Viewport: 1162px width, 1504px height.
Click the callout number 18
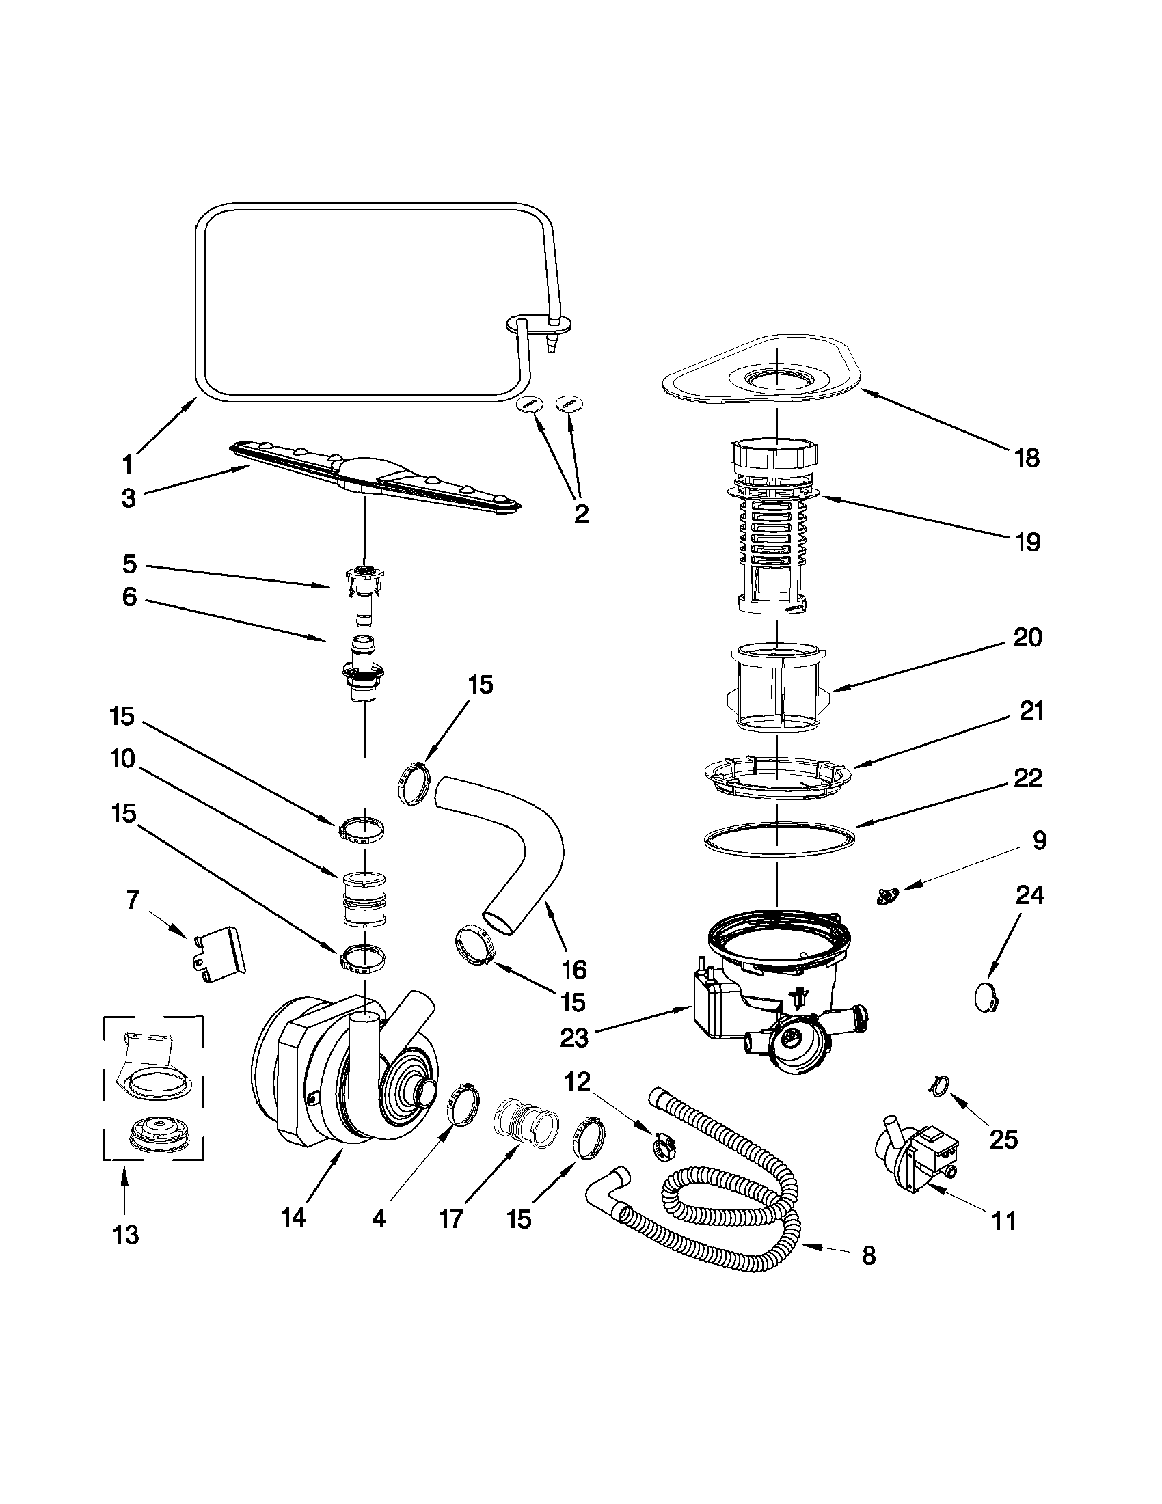point(1027,458)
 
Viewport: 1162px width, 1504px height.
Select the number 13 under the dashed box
point(125,1235)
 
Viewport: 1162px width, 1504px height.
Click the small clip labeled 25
point(937,1085)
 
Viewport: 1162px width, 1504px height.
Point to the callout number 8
point(869,1256)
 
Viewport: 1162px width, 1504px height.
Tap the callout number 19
point(1027,543)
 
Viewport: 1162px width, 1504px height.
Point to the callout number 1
point(127,465)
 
